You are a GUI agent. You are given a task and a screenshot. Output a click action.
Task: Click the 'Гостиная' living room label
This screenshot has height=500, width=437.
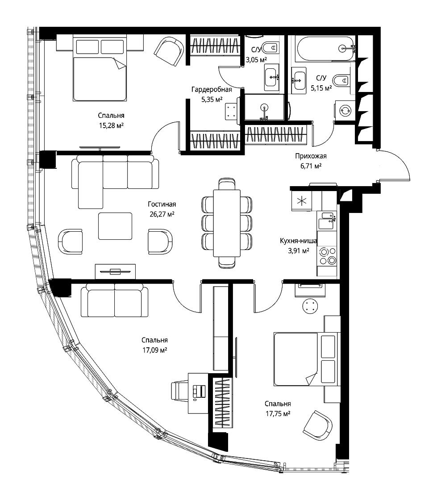tap(162, 204)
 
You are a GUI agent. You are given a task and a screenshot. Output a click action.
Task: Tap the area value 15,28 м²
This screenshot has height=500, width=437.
tap(111, 125)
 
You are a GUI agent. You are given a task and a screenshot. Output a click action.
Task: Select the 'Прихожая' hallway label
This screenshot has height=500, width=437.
tap(311, 156)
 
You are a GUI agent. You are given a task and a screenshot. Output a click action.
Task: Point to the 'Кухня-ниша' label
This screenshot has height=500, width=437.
tap(298, 241)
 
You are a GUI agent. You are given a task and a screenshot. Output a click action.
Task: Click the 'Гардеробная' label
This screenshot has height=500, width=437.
tap(212, 89)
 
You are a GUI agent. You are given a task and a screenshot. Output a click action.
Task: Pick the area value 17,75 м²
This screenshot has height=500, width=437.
tap(278, 413)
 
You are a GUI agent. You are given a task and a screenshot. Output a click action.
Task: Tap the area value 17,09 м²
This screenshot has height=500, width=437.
tap(155, 350)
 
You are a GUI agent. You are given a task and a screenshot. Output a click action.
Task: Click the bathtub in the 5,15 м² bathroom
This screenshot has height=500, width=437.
tap(325, 48)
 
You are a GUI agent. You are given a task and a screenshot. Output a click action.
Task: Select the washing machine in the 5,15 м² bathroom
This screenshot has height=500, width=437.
tap(345, 111)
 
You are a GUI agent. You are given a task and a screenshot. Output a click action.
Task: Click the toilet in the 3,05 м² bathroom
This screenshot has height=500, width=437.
tap(271, 48)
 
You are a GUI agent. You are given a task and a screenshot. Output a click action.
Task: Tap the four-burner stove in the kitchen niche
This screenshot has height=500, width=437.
tap(327, 256)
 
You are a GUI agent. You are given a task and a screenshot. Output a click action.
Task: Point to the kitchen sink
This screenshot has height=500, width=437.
tap(327, 221)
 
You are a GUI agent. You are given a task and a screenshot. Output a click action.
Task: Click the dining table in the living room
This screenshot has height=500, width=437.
tap(227, 223)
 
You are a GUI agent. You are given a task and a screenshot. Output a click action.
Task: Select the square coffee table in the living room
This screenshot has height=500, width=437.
tap(115, 226)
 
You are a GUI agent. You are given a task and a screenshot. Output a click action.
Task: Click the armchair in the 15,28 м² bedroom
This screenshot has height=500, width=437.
tap(169, 51)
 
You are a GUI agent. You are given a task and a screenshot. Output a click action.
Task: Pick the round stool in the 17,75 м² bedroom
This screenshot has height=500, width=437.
tap(310, 306)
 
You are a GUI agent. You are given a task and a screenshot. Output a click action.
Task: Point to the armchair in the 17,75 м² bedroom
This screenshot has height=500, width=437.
tap(317, 426)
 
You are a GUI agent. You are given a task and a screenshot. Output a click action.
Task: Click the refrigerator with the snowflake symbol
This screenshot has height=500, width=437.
tap(302, 201)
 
